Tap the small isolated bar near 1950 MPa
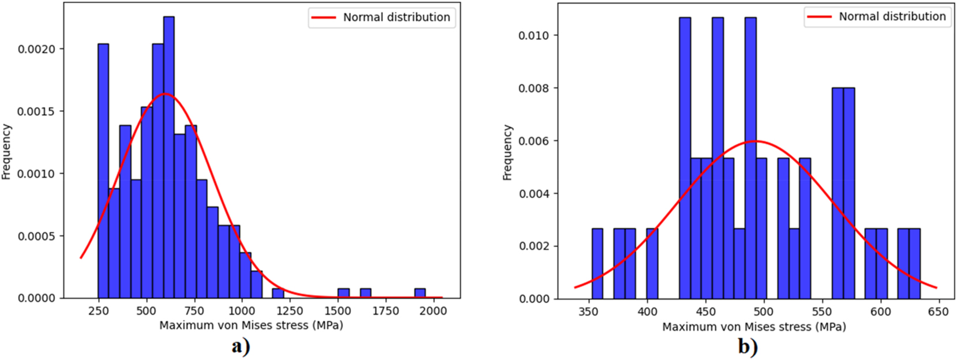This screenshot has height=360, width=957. click(x=420, y=293)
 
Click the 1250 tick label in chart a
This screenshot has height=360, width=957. click(x=290, y=310)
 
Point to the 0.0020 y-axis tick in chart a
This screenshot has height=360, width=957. click(x=36, y=49)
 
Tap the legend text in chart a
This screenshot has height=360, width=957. click(x=396, y=17)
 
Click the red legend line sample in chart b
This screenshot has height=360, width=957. click(x=819, y=17)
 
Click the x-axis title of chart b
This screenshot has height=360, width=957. click(x=754, y=327)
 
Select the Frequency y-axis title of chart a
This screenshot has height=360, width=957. click(x=6, y=152)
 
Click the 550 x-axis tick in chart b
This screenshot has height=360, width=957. click(x=822, y=312)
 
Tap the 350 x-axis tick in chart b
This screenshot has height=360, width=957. click(x=589, y=312)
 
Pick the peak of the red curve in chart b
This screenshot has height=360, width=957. click(x=755, y=141)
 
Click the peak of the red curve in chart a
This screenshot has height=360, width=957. click(x=165, y=93)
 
